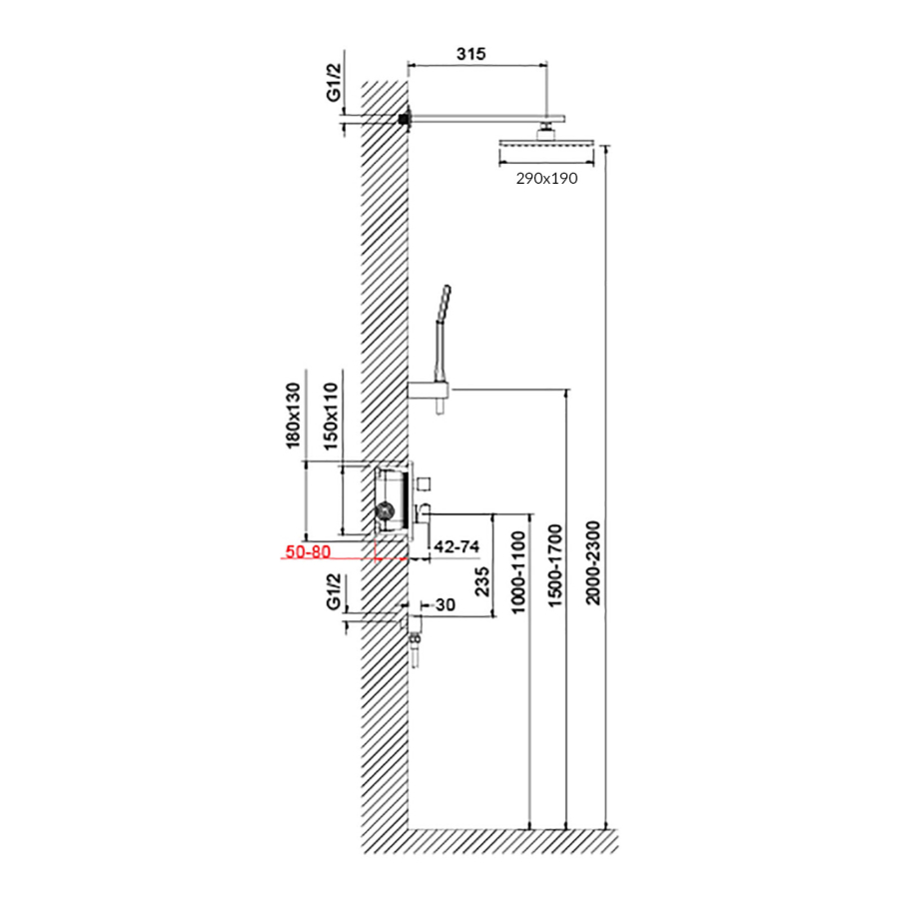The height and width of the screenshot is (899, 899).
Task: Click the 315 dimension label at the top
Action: tap(470, 54)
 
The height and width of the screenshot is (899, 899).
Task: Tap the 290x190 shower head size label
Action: tap(546, 179)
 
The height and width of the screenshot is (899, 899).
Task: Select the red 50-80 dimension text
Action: tap(308, 551)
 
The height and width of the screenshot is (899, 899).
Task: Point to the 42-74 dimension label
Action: tap(456, 546)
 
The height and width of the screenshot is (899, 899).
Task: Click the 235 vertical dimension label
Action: tap(483, 581)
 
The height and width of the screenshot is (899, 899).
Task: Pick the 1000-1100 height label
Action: tap(517, 572)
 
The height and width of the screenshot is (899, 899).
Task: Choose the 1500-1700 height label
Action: tap(555, 565)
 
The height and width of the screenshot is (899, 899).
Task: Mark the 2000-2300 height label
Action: tap(593, 562)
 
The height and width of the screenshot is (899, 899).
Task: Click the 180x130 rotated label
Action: tap(293, 416)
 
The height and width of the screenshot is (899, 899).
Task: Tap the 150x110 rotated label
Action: tap(332, 417)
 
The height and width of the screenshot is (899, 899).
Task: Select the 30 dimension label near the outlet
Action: tap(446, 605)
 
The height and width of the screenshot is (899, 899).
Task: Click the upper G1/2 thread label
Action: tap(334, 83)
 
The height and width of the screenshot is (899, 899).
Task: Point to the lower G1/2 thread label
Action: tap(334, 591)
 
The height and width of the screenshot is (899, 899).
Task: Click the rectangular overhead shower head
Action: tap(546, 144)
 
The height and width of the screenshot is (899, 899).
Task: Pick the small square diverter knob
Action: tap(424, 483)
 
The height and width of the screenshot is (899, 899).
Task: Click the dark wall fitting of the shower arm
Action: tap(406, 119)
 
